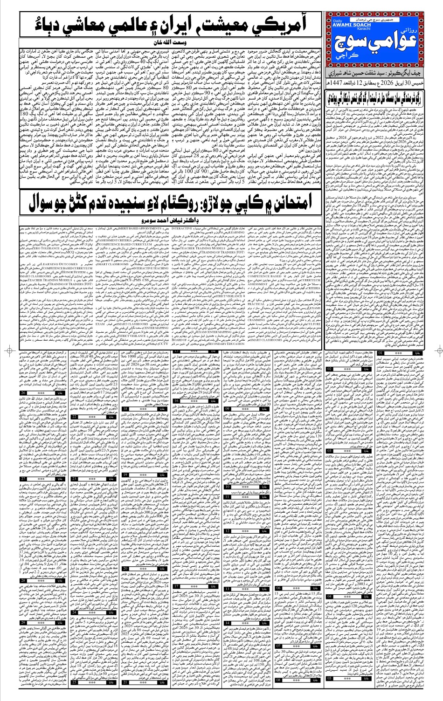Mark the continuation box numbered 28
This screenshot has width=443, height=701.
coord(23,580)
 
